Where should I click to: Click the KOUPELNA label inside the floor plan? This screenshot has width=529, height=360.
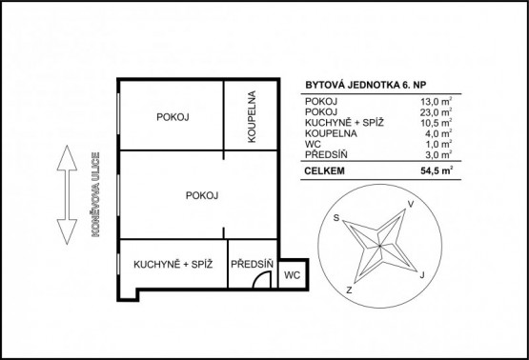(252, 116)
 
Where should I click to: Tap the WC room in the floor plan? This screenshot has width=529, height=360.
(293, 275)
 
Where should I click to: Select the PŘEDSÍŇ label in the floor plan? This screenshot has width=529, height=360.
(252, 264)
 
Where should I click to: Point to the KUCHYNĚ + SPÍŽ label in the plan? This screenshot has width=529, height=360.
(173, 264)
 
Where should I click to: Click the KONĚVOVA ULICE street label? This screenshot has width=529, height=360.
(96, 194)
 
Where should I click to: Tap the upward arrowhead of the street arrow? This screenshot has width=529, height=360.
(67, 157)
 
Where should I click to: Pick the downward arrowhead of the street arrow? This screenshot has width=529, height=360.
(67, 232)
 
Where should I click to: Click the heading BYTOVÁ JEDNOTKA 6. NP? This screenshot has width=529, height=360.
(366, 85)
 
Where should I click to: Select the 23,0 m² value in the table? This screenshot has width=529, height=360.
(437, 112)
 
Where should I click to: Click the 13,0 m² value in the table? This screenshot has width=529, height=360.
(437, 101)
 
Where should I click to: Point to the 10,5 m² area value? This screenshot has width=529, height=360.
(437, 123)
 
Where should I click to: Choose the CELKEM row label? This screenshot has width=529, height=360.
(325, 170)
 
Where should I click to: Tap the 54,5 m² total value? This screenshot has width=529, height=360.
(437, 170)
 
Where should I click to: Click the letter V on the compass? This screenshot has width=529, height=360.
(411, 204)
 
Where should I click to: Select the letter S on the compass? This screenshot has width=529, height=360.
(336, 218)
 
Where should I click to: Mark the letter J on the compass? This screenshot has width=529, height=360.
(421, 275)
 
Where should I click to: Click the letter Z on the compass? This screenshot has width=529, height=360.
(350, 290)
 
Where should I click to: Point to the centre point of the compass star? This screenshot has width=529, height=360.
(380, 246)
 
